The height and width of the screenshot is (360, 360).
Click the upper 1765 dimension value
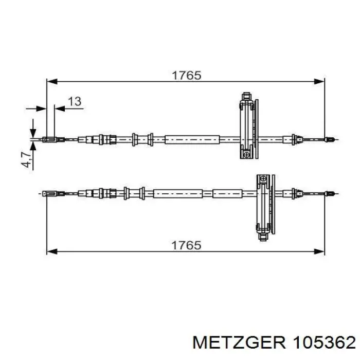(x=186, y=76)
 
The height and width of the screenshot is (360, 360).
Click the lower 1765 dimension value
(x=186, y=245)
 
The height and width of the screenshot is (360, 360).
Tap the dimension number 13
(x=75, y=101)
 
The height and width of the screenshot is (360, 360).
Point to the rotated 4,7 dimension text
(x=27, y=159)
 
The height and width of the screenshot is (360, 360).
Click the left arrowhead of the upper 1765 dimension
(x=52, y=81)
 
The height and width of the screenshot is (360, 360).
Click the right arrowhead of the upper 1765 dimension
(x=319, y=81)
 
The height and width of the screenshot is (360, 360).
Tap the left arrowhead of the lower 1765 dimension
(x=52, y=251)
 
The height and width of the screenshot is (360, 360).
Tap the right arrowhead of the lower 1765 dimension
(x=319, y=251)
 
